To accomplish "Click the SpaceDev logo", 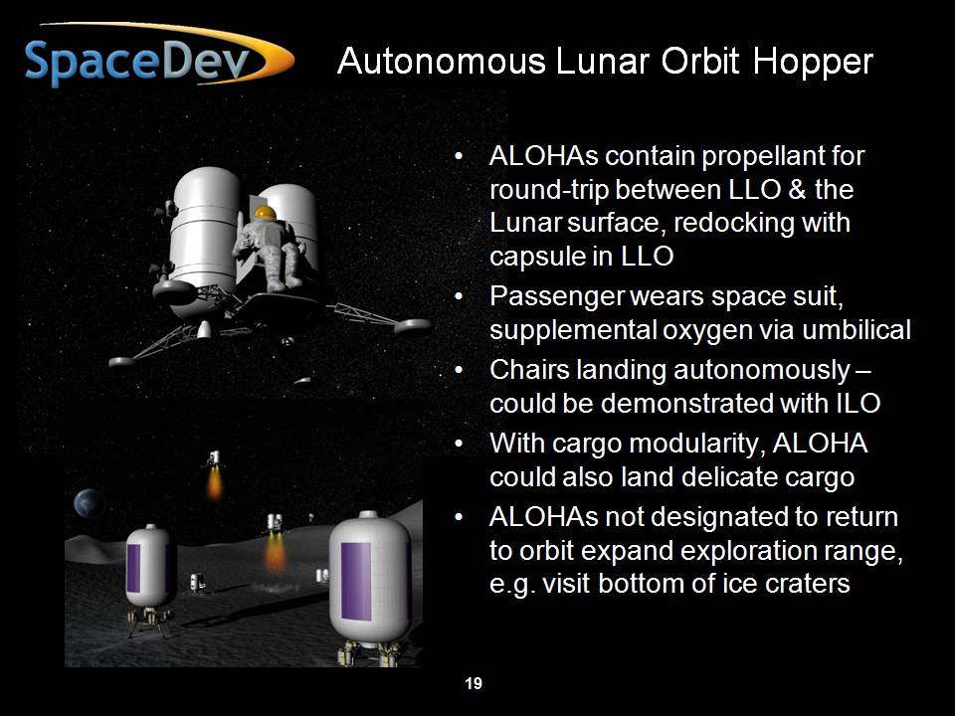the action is coord(159,56).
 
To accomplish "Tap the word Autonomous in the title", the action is coord(442,61).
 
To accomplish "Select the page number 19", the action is coord(474,683).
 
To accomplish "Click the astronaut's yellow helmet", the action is coord(265,213).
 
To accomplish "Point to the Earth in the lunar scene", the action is coord(88,503).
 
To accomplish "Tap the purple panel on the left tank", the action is coord(133,568).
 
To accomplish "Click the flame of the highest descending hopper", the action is coord(215,484).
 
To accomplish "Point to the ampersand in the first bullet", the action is coord(796,189).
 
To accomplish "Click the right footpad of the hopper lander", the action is coord(412,326).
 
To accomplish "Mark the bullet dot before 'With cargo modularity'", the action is coord(460,443).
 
